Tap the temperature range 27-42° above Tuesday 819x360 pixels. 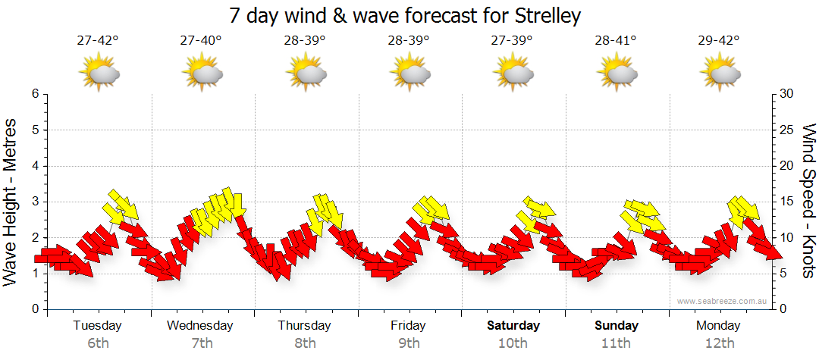tap(98, 41)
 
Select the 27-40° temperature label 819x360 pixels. tap(201, 41)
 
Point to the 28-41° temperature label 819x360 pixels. tap(615, 41)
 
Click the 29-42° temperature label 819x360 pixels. tap(719, 41)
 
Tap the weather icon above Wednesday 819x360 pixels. tap(202, 74)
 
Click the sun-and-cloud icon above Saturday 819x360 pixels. tap(513, 74)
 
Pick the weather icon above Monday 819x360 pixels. tap(720, 74)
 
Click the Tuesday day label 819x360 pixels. tap(97, 326)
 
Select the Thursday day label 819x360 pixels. tap(304, 326)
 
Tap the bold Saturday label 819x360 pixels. tap(513, 326)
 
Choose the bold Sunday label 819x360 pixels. tap(616, 326)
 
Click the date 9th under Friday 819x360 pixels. tap(409, 343)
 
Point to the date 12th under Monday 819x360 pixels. tap(719, 343)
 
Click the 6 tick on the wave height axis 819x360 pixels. tap(35, 94)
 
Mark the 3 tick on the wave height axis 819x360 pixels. tap(35, 202)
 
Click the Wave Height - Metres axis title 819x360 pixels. tap(11, 202)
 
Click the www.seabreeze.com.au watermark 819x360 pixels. tap(723, 301)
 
